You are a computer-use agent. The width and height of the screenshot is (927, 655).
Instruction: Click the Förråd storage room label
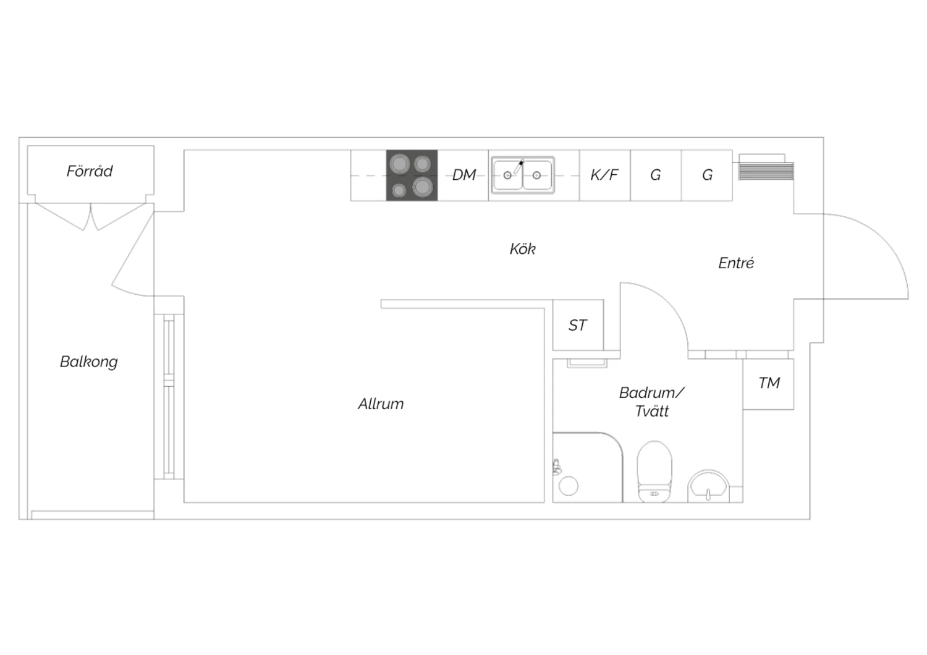tap(90, 171)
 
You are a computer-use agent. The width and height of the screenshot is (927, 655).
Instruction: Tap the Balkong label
tap(88, 361)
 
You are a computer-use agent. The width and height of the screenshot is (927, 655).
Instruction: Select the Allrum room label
tap(381, 404)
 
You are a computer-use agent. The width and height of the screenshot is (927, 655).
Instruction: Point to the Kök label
tap(523, 248)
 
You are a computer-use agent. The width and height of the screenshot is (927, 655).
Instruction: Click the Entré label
tap(736, 263)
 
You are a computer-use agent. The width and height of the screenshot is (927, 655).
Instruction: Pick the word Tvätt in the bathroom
tap(652, 412)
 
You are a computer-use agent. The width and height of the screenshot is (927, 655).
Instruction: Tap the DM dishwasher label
tap(464, 175)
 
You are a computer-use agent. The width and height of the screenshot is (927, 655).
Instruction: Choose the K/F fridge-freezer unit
tap(604, 175)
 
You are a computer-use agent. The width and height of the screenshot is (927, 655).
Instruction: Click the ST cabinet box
tap(578, 325)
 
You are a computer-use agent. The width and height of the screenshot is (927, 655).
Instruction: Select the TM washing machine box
tap(769, 384)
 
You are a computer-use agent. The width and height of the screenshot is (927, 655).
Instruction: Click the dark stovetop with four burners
tap(412, 175)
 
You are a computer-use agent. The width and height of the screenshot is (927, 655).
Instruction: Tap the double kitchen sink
tap(523, 175)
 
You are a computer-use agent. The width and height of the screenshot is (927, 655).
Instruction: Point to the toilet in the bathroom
tap(654, 471)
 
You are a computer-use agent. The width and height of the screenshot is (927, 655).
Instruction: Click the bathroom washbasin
tap(708, 486)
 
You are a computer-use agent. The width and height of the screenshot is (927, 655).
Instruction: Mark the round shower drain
tap(568, 486)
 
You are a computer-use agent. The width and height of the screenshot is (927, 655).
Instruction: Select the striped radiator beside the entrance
tap(766, 171)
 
